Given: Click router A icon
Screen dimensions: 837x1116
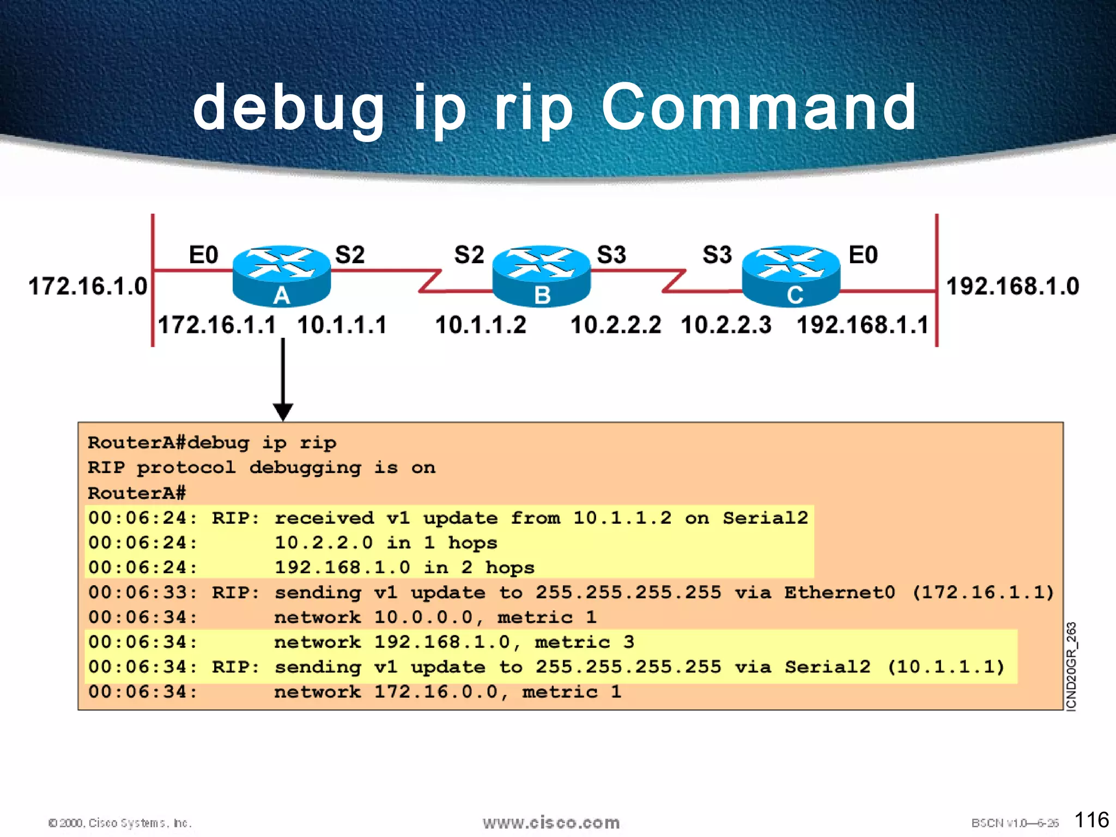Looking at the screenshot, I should (x=281, y=275).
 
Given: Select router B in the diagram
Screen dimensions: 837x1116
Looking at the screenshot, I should (x=541, y=275).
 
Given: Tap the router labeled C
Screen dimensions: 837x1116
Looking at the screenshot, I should (x=791, y=275).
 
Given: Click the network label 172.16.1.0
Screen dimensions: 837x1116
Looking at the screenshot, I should (x=88, y=286).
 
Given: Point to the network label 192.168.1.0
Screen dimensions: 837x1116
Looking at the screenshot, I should (x=1012, y=286).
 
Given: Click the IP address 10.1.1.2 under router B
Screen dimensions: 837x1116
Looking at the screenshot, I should (x=481, y=325).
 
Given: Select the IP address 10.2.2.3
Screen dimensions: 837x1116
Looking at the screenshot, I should (x=726, y=325).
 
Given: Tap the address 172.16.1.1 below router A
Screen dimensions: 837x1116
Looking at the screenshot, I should (x=217, y=325).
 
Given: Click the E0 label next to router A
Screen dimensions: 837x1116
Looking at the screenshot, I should (x=203, y=255).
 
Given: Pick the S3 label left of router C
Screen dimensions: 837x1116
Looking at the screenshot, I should (x=717, y=255).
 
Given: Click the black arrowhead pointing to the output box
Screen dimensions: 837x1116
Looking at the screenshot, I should (x=283, y=412).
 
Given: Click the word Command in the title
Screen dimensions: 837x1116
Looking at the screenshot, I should (x=759, y=107).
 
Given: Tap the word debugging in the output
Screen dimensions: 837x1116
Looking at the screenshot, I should (x=305, y=468).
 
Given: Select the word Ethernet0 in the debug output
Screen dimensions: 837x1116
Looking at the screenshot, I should (x=840, y=592).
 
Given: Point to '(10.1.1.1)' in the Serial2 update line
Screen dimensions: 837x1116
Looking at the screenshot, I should (x=946, y=667).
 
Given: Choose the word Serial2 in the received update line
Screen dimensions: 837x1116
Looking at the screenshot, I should (x=765, y=518).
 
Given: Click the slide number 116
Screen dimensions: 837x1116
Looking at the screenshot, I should (x=1091, y=820).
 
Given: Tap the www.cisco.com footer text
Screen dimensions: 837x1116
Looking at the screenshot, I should (x=551, y=823).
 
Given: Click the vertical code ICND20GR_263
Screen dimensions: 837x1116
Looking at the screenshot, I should (x=1071, y=666).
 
